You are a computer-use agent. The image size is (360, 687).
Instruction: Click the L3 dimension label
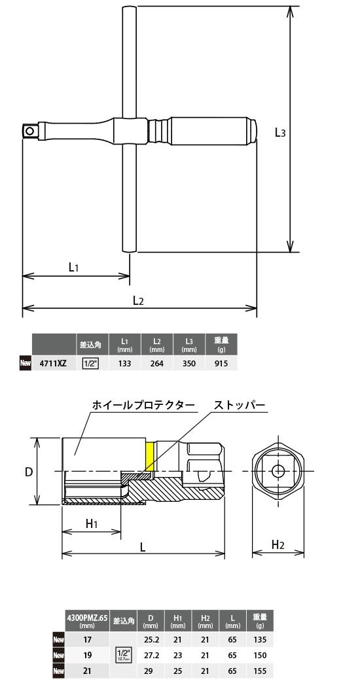[x=279, y=133]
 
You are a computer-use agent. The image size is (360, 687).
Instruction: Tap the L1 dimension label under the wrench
[x=74, y=267]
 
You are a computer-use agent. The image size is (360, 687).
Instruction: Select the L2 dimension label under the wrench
[x=138, y=300]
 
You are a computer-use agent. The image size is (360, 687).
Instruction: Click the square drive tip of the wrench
[x=29, y=131]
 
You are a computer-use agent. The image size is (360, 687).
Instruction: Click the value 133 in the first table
[x=124, y=363]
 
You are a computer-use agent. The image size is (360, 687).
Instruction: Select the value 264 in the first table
[x=157, y=363]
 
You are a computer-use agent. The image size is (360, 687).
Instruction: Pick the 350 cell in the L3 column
[x=190, y=363]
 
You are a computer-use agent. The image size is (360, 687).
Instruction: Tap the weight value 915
[x=221, y=363]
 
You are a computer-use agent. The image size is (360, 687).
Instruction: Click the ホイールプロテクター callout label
[x=142, y=406]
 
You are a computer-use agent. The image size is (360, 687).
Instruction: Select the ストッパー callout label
[x=240, y=406]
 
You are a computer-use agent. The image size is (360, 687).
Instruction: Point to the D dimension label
[x=29, y=472]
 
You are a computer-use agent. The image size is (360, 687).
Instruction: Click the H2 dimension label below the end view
[x=278, y=544]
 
